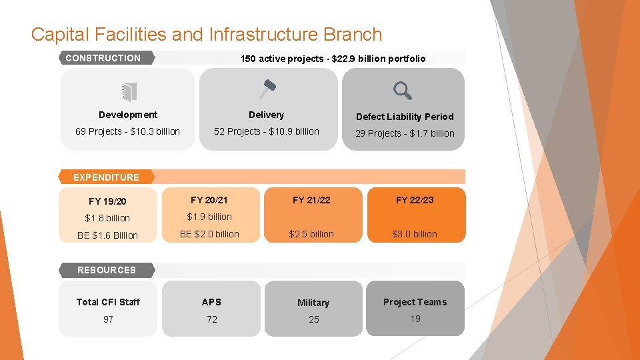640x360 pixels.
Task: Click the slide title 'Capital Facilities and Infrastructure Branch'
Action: point(207,34)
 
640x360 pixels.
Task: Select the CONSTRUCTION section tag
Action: point(104,58)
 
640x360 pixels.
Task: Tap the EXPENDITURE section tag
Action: point(107,177)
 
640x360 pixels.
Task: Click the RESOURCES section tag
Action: point(107,270)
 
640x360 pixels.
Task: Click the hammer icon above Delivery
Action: point(267,89)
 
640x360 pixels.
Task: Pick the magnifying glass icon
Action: point(402,90)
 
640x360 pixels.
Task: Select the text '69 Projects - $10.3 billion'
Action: point(127,131)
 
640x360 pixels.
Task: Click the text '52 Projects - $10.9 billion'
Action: point(267,131)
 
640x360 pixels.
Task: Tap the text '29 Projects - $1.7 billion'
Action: point(405,133)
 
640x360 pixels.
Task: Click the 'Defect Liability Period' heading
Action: point(405,117)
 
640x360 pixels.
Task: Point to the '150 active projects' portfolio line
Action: point(333,59)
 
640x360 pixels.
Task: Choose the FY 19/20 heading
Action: point(107,201)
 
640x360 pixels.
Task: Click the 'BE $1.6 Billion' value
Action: point(107,235)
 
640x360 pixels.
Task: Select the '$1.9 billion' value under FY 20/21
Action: point(209,217)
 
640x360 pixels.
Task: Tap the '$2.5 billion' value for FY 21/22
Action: point(311,234)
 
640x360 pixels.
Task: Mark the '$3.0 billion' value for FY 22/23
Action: point(415,234)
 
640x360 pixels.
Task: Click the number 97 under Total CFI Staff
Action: point(108,319)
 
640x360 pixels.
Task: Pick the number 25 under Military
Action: point(313,319)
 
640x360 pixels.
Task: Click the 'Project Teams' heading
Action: point(415,302)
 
